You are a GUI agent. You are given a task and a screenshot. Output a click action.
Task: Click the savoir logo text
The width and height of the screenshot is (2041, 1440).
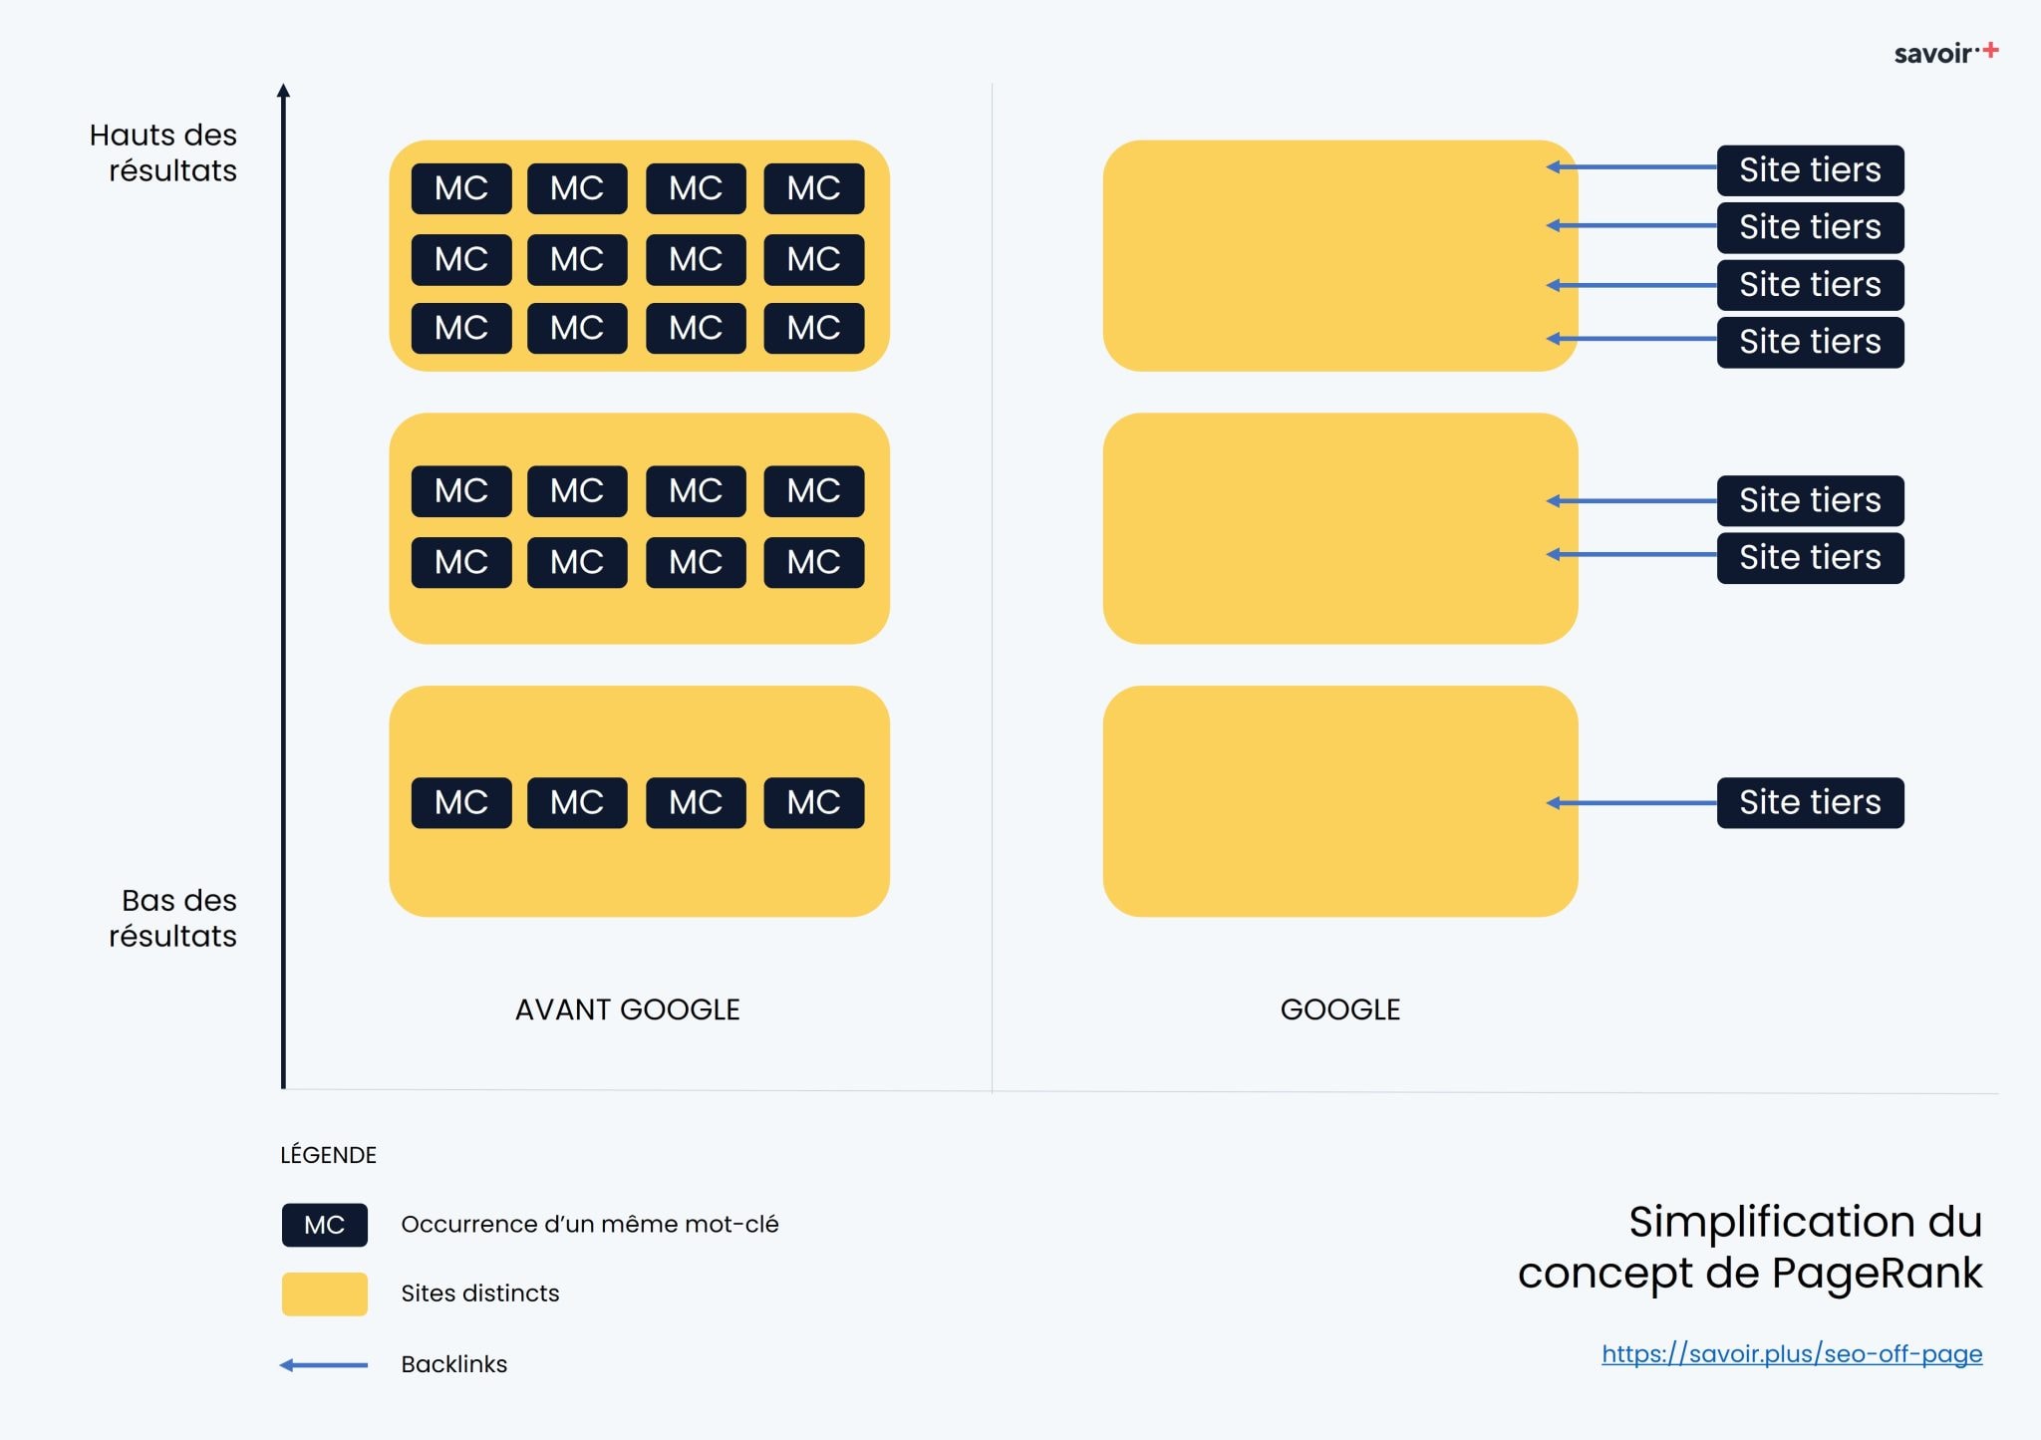click(1932, 54)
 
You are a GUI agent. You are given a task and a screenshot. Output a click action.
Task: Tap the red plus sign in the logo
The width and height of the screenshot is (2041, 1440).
click(1990, 50)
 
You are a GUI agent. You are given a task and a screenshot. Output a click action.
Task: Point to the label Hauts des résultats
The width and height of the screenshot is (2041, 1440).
click(164, 152)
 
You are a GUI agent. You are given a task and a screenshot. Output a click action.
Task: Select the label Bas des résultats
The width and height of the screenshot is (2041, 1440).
click(174, 918)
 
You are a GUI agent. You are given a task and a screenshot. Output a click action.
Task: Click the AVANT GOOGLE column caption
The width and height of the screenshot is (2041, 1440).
click(627, 1009)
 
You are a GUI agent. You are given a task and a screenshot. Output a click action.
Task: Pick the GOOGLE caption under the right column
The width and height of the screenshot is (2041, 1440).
click(1339, 1009)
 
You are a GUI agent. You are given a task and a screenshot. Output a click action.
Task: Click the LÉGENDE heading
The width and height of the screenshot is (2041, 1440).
click(328, 1155)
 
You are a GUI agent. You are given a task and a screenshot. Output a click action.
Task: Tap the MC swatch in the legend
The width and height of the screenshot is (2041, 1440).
click(324, 1225)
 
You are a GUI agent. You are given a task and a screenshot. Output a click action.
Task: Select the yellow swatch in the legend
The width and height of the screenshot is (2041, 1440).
click(324, 1294)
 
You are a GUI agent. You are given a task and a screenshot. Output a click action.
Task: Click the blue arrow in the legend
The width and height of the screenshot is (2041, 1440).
click(324, 1364)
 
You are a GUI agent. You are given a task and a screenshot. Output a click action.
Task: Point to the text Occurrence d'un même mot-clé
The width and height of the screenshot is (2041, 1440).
click(589, 1224)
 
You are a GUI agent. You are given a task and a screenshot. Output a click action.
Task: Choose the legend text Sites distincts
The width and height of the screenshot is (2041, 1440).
click(479, 1294)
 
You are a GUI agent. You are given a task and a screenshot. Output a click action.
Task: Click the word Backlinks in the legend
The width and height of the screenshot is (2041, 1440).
click(453, 1364)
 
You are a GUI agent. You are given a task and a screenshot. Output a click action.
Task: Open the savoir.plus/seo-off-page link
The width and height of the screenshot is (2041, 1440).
click(1791, 1353)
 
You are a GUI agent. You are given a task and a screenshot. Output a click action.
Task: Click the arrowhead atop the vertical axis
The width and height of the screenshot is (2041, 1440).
click(283, 91)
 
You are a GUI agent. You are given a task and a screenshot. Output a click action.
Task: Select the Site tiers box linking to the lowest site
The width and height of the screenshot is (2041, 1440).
click(1810, 802)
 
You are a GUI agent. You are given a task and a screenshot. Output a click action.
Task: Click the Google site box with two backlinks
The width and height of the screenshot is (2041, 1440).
click(1339, 528)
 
